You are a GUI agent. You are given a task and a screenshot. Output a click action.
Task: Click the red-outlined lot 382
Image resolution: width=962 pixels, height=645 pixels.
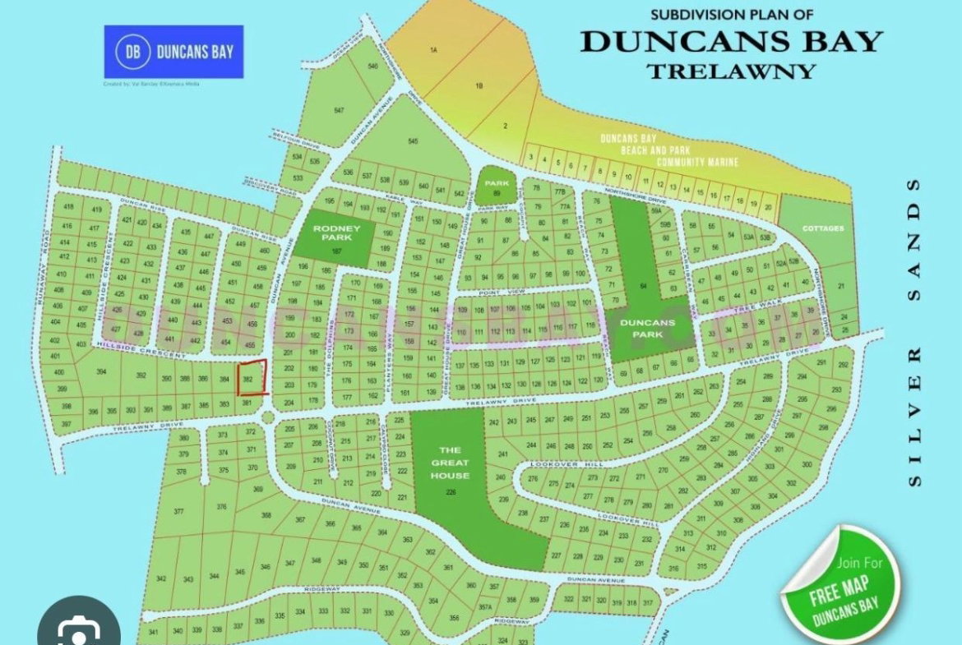tap(252, 378)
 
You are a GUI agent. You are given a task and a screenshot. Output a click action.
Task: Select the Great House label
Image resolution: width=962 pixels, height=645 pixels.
tap(449, 463)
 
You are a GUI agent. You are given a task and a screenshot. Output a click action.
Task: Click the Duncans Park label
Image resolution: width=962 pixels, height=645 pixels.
tap(647, 328)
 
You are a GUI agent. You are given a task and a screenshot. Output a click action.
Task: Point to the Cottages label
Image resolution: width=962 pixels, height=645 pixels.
tap(823, 228)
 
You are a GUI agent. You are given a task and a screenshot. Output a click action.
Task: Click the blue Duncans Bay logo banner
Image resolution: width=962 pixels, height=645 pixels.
tap(173, 52)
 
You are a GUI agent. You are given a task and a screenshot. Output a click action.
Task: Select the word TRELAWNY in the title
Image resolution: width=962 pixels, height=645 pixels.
tap(730, 71)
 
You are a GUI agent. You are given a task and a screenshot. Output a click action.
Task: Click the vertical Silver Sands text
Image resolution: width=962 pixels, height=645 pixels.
tap(915, 333)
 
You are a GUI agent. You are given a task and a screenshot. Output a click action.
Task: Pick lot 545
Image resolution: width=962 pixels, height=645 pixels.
tap(413, 141)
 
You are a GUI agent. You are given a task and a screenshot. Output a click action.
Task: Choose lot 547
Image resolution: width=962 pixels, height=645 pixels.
tap(339, 110)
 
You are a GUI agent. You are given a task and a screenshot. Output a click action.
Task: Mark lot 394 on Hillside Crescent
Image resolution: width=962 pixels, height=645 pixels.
tap(102, 372)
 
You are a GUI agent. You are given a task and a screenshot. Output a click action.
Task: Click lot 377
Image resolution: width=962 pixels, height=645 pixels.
tap(178, 511)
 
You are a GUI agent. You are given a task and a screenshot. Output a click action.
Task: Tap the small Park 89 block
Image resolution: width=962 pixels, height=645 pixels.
tap(497, 187)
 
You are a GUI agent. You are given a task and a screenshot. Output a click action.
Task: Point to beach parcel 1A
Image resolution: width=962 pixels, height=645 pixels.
tap(433, 51)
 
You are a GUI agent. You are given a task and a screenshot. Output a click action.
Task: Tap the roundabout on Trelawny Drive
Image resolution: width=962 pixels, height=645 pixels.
tap(268, 418)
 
